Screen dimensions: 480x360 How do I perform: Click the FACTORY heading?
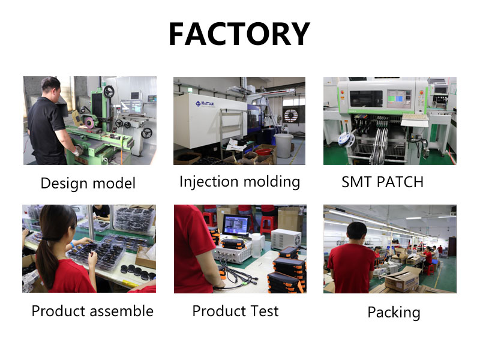point(239,34)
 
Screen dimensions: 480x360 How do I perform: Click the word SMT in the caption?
point(357,182)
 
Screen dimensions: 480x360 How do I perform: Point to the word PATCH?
point(400,182)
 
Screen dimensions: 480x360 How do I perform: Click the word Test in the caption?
point(265,311)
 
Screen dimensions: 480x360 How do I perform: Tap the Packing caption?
point(394,313)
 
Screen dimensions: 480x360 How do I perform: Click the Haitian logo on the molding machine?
point(205,104)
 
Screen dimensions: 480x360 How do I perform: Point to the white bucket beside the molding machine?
point(284,145)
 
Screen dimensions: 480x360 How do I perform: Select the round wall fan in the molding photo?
point(290,115)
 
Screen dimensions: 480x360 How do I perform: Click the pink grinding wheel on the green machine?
point(89,122)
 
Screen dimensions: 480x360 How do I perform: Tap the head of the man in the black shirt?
point(51,88)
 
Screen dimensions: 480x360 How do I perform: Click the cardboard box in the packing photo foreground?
point(402,279)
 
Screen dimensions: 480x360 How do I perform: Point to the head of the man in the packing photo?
point(357,232)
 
